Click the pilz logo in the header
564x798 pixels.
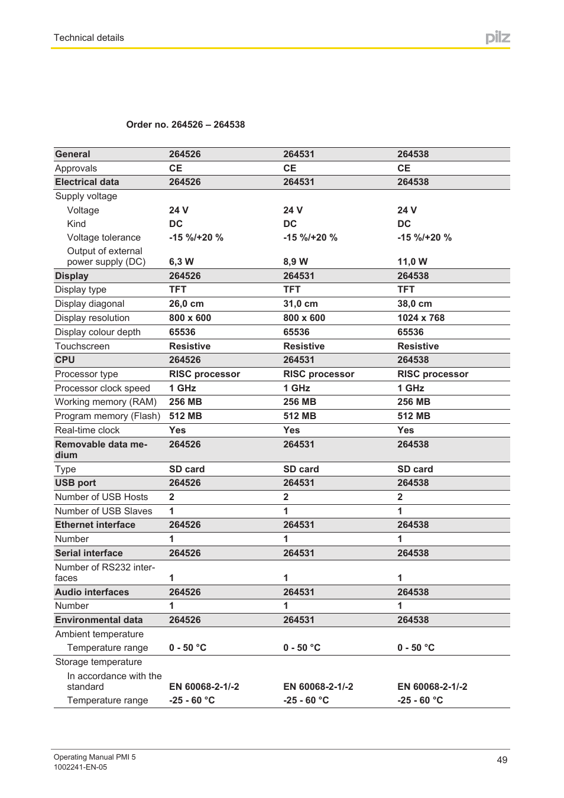pyautogui.click(x=497, y=37)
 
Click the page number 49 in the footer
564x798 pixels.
pyautogui.click(x=502, y=760)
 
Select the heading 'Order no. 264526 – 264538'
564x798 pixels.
pyautogui.click(x=185, y=125)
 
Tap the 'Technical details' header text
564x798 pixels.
pyautogui.click(x=89, y=38)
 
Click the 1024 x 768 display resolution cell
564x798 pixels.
pyautogui.click(x=420, y=318)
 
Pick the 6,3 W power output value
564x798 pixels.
pyautogui.click(x=181, y=262)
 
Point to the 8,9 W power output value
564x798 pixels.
pyautogui.click(x=295, y=262)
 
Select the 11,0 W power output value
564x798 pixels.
pyautogui.click(x=412, y=262)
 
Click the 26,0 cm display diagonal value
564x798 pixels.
pyautogui.click(x=186, y=304)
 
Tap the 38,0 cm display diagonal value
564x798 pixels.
pyautogui.click(x=414, y=304)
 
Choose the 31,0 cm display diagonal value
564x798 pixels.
pyautogui.click(x=300, y=304)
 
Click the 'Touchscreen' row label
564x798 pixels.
pyautogui.click(x=82, y=346)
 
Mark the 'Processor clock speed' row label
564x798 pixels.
pyautogui.click(x=102, y=388)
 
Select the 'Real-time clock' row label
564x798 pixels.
pyautogui.click(x=87, y=430)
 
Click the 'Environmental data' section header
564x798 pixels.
pyautogui.click(x=99, y=620)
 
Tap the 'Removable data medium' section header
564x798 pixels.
pyautogui.click(x=101, y=450)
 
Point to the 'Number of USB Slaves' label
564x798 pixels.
pyautogui.click(x=103, y=511)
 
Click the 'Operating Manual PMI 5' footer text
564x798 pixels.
pyautogui.click(x=95, y=757)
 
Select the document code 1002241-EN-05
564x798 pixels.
pyautogui.click(x=80, y=767)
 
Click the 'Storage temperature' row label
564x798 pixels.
pyautogui.click(x=98, y=662)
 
